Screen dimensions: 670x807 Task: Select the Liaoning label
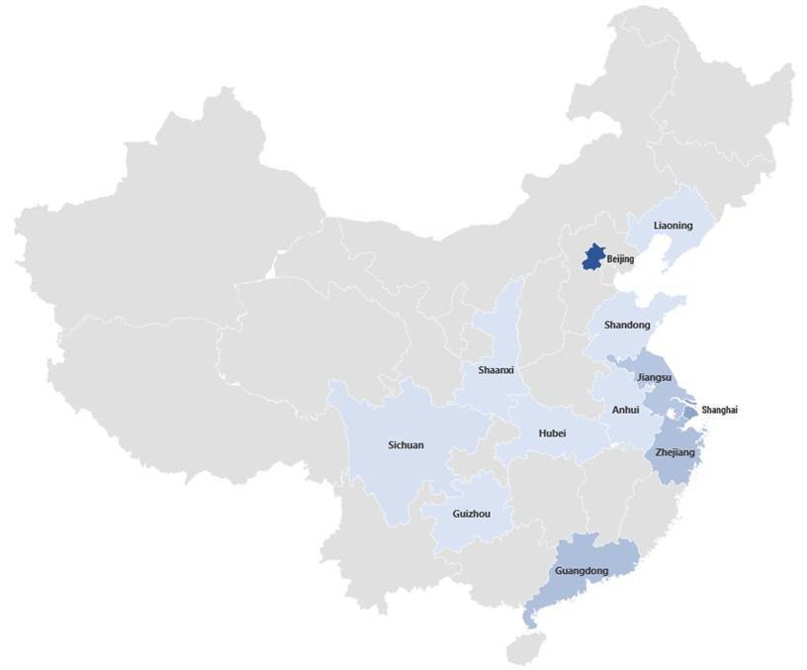[x=673, y=226]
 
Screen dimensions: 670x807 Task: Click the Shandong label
[x=627, y=326]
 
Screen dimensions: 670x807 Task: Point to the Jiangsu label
[x=655, y=378]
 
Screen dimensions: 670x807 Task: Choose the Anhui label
[x=625, y=410]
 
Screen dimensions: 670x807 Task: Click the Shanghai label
[x=720, y=410]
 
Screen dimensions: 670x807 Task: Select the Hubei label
[x=553, y=433]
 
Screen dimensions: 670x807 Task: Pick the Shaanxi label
[x=495, y=370]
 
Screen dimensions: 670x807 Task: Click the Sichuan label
[x=405, y=445]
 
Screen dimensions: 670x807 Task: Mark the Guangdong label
[x=582, y=571]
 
